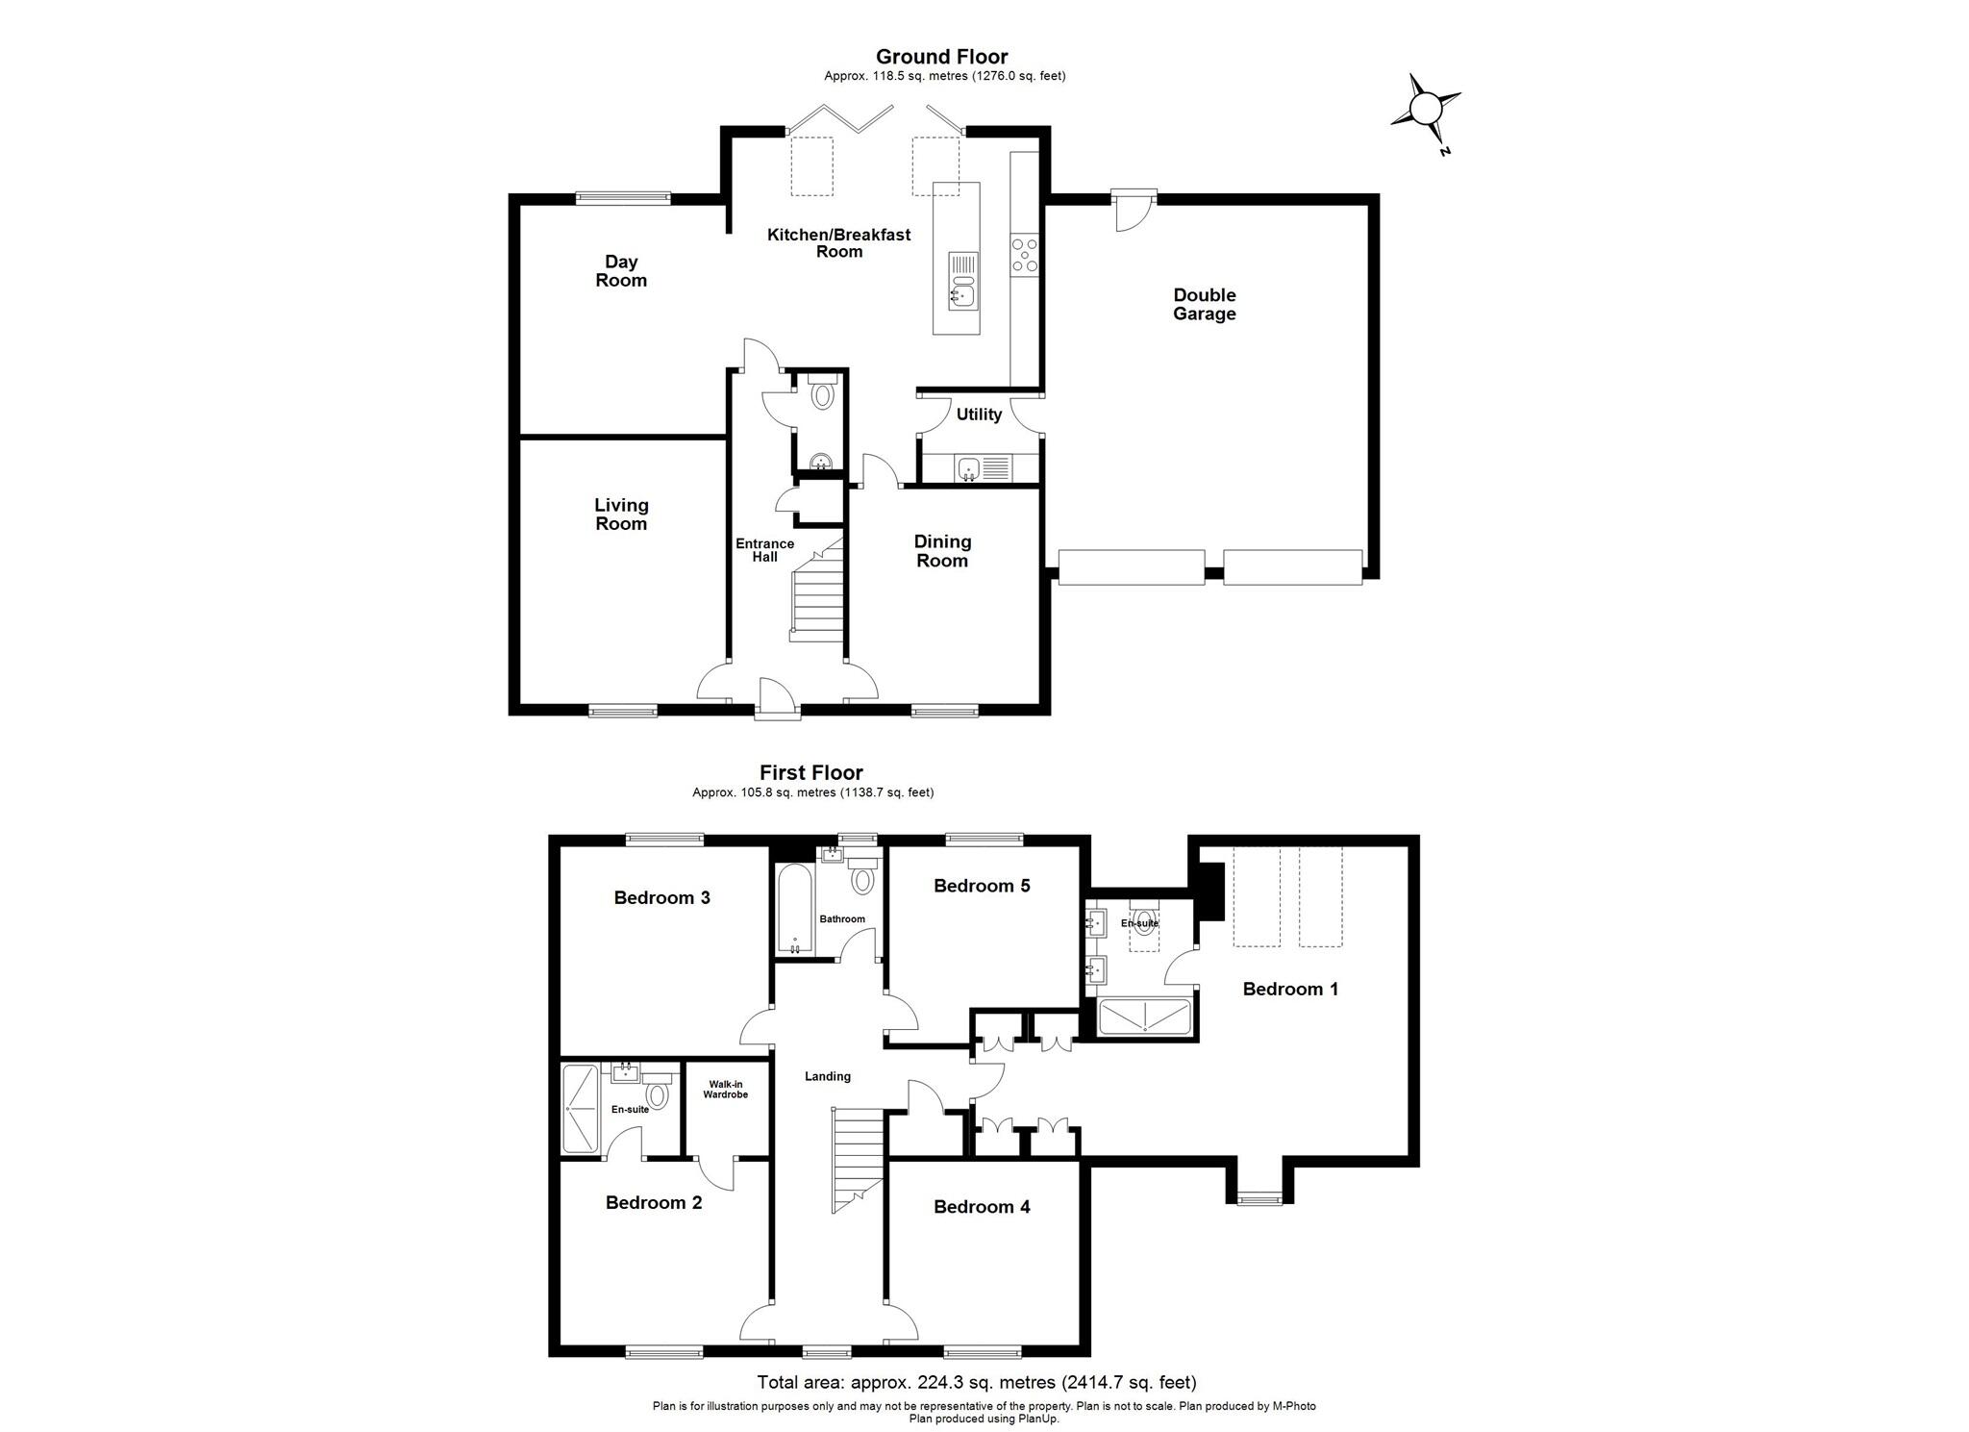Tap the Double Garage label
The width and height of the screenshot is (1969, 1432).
[x=1204, y=304]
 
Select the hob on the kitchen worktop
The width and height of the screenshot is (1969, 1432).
[x=1024, y=256]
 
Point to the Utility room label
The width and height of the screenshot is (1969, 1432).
[x=979, y=415]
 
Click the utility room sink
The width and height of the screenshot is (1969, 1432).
[x=969, y=469]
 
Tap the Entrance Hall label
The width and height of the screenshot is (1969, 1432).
[x=765, y=550]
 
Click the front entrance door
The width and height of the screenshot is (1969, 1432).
[x=777, y=698]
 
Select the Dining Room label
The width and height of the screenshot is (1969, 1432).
[x=942, y=551]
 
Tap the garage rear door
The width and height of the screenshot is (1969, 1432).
[x=1134, y=211]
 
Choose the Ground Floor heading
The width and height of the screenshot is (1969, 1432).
[x=941, y=57]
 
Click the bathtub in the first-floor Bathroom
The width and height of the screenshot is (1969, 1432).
[x=795, y=909]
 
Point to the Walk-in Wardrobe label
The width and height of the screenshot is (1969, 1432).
[x=725, y=1090]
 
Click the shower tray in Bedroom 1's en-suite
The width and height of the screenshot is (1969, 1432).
[x=1144, y=1017]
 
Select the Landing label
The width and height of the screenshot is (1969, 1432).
[x=827, y=1076]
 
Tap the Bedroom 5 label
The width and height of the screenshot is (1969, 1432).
[x=982, y=886]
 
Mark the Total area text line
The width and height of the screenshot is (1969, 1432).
[x=977, y=1383]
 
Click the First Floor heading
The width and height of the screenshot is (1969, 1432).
[x=810, y=772]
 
